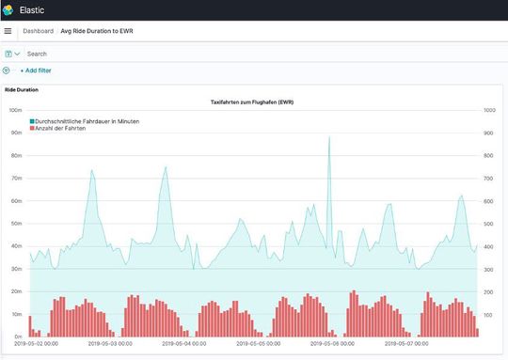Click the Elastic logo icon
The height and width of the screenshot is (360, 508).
pyautogui.click(x=8, y=9)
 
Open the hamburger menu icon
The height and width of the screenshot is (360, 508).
pyautogui.click(x=8, y=31)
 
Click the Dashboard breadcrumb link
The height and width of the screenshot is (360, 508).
pyautogui.click(x=38, y=31)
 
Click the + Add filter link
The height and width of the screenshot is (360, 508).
pyautogui.click(x=38, y=70)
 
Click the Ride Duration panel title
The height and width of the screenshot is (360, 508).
pyautogui.click(x=22, y=89)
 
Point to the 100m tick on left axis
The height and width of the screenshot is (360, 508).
pyautogui.click(x=16, y=110)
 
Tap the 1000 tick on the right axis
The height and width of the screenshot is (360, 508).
pyautogui.click(x=489, y=110)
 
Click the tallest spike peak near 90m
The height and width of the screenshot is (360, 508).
pyautogui.click(x=329, y=137)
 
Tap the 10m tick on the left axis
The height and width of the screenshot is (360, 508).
pyautogui.click(x=16, y=314)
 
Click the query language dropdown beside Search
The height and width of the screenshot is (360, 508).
pyautogui.click(x=12, y=54)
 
